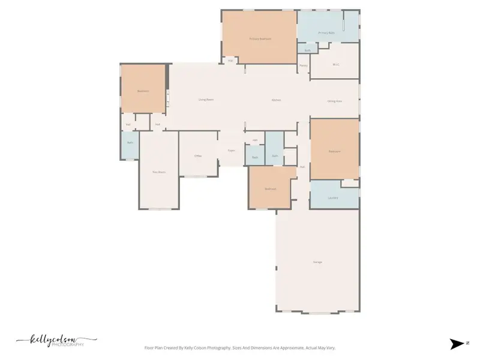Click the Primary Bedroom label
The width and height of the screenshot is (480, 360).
(260, 39)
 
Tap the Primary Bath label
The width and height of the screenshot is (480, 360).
(326, 33)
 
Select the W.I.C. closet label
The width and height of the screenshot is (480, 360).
(336, 65)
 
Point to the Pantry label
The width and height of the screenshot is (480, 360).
(304, 65)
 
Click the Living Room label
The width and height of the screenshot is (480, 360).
(206, 100)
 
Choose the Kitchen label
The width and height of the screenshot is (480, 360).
(276, 100)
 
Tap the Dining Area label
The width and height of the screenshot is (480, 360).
(335, 101)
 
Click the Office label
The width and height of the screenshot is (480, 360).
(197, 156)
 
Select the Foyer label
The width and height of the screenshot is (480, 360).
(230, 151)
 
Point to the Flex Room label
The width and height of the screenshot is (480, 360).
(158, 172)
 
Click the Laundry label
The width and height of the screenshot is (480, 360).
(333, 197)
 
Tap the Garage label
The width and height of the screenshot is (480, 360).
(317, 262)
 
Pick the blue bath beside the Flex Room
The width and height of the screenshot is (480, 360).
(130, 146)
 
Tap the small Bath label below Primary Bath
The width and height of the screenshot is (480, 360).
(307, 50)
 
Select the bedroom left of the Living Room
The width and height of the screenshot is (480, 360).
(143, 89)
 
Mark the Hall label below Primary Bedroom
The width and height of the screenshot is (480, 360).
(230, 60)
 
